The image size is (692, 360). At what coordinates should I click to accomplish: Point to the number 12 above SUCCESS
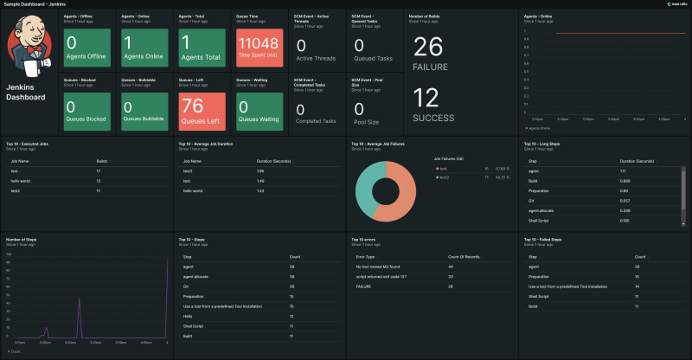pyautogui.click(x=427, y=98)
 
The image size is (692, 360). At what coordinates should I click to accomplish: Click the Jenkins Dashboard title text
pyautogui.click(x=25, y=92)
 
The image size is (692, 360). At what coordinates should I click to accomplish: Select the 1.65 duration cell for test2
pyautogui.click(x=260, y=171)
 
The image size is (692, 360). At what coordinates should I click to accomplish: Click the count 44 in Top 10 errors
pyautogui.click(x=451, y=267)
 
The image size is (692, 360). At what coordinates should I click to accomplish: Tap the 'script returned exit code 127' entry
pyautogui.click(x=378, y=276)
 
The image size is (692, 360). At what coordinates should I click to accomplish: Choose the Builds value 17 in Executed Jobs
pyautogui.click(x=99, y=171)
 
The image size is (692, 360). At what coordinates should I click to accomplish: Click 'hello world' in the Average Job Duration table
pyautogui.click(x=192, y=190)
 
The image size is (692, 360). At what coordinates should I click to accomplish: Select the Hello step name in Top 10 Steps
pyautogui.click(x=187, y=315)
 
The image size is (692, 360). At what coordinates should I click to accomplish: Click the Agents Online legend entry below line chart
pyautogui.click(x=540, y=127)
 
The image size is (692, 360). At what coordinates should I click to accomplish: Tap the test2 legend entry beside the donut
pyautogui.click(x=445, y=177)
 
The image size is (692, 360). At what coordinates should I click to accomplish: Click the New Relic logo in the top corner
pyautogui.click(x=676, y=4)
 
